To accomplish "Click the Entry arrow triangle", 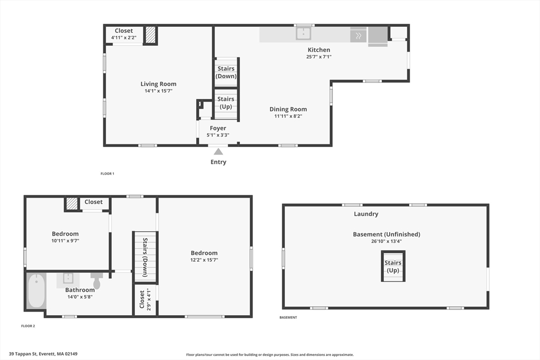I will click(x=218, y=151).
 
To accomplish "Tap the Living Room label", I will click(x=158, y=84).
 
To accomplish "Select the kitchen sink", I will click(x=303, y=34).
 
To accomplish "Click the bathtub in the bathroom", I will click(x=36, y=290).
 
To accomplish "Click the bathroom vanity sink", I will click(x=68, y=278).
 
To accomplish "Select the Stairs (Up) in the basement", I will click(x=393, y=266).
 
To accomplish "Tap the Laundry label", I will click(x=366, y=214).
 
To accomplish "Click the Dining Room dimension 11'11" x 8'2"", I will click(x=288, y=116).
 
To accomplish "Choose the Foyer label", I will click(x=218, y=128).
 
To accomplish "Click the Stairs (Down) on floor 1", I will click(x=226, y=72).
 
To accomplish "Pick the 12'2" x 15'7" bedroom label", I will click(x=204, y=253).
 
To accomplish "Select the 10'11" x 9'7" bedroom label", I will click(x=65, y=234).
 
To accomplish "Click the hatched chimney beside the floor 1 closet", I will click(x=151, y=35).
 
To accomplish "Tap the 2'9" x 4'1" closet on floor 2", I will click(x=145, y=299).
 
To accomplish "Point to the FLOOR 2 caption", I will click(x=28, y=326).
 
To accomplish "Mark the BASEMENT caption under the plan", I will click(x=288, y=317).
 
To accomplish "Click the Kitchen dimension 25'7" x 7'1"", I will click(x=319, y=57).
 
